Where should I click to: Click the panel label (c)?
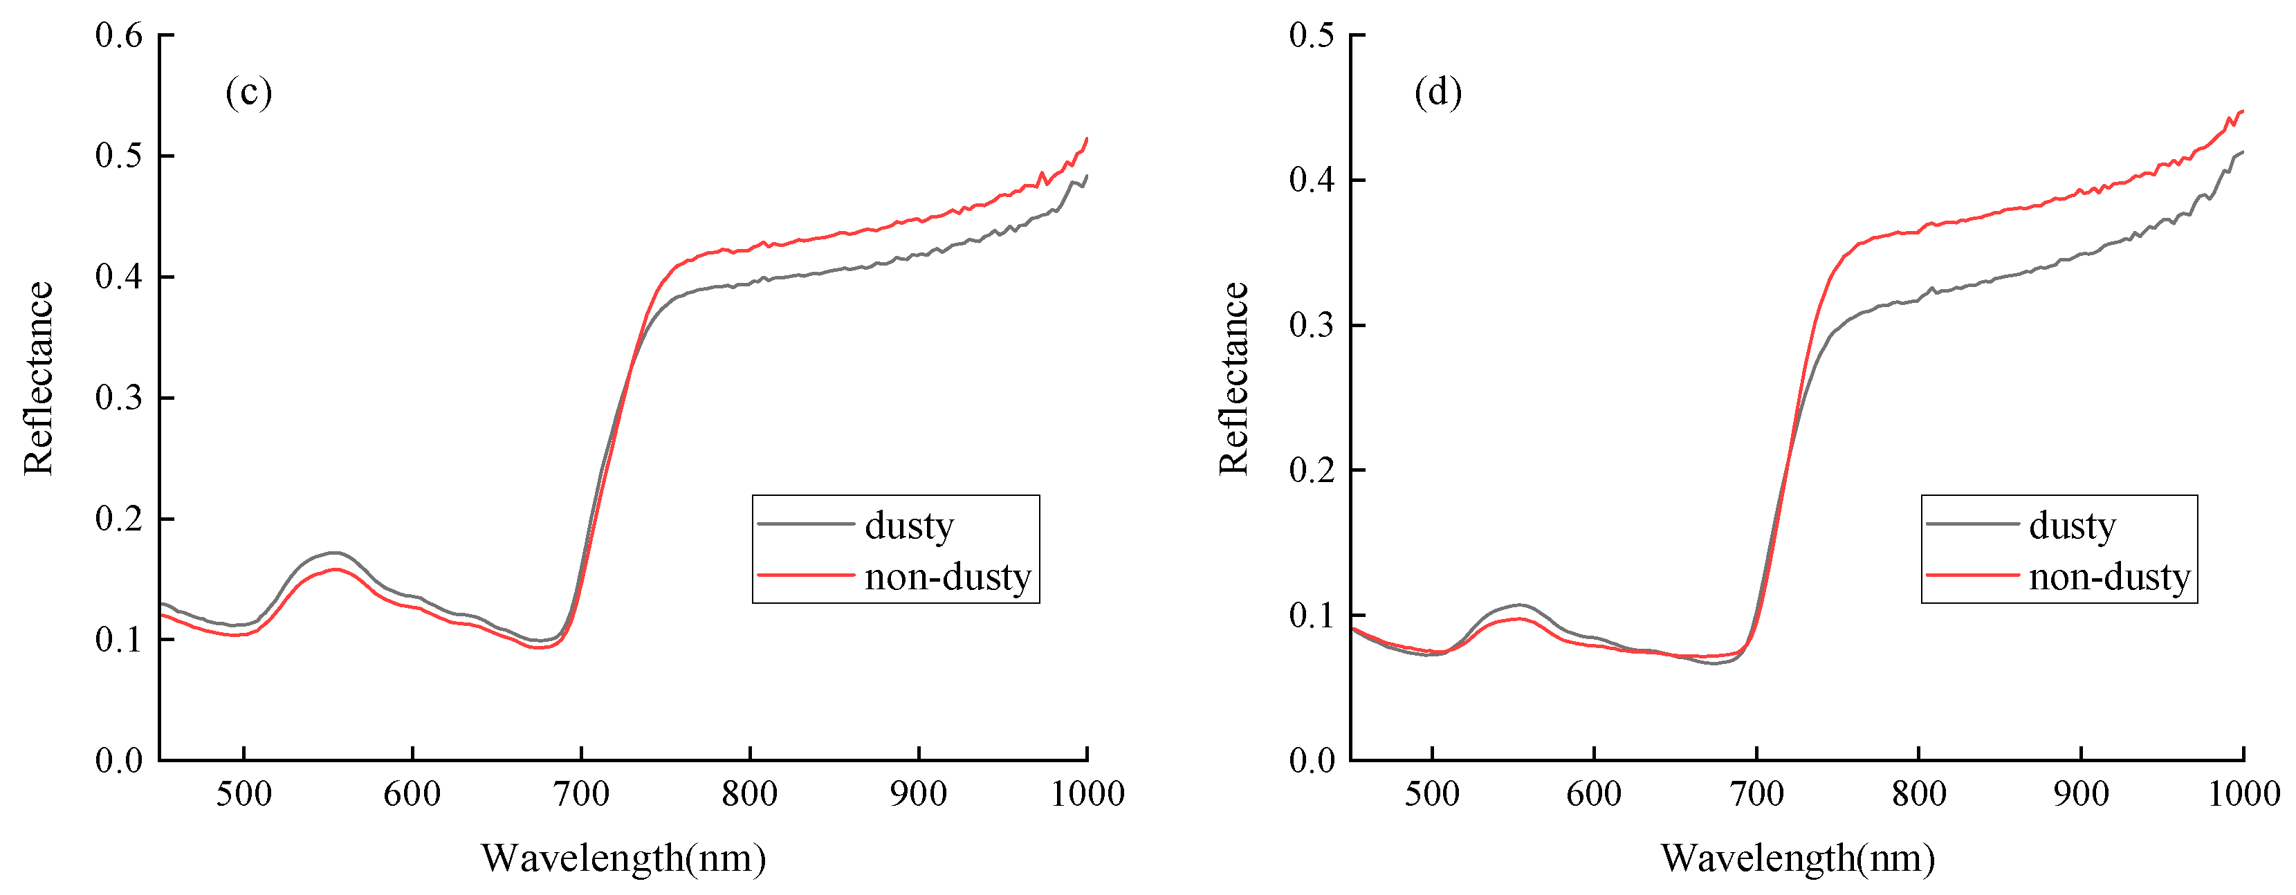(x=248, y=92)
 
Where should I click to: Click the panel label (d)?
(x=1438, y=92)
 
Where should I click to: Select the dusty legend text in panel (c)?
(x=908, y=525)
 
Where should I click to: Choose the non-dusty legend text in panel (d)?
(x=2109, y=577)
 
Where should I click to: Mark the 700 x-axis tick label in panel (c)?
(x=581, y=793)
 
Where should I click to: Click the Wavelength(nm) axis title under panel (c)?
(x=624, y=858)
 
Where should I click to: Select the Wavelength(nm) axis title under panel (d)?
(x=1798, y=858)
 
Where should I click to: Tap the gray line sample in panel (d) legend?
(x=1972, y=524)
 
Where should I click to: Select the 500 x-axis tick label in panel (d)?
(x=1431, y=793)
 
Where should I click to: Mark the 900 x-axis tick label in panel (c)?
(x=918, y=793)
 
